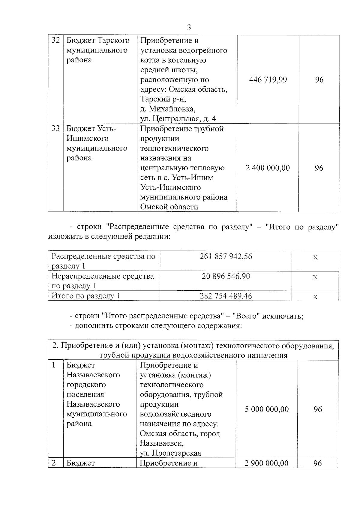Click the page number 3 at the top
(189, 28)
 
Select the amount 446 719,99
(268, 80)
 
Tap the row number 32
(56, 40)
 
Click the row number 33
(56, 129)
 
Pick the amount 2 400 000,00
(268, 168)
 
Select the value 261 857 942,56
(226, 256)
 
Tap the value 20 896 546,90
(226, 276)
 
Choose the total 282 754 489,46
(226, 296)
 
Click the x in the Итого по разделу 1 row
(315, 297)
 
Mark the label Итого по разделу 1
(86, 296)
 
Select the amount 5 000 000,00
(267, 409)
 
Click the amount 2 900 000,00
(266, 463)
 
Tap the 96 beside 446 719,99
(319, 80)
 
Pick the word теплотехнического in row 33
(174, 148)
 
